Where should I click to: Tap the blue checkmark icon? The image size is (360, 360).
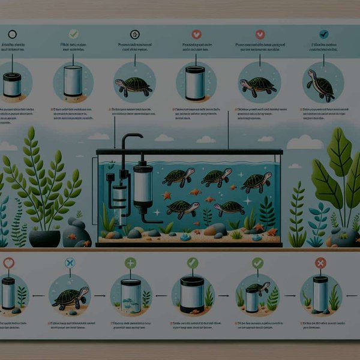pos(324,34)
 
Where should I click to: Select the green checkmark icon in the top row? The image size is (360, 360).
pos(73,34)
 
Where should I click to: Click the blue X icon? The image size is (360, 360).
pos(70,263)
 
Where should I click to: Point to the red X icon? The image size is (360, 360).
pos(320,262)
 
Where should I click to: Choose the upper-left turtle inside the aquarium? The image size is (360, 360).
pos(178,176)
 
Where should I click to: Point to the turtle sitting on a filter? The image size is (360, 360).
pos(256,290)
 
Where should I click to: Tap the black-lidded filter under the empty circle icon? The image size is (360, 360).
pos(12,83)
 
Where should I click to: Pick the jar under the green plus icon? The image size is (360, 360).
pos(131,296)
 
